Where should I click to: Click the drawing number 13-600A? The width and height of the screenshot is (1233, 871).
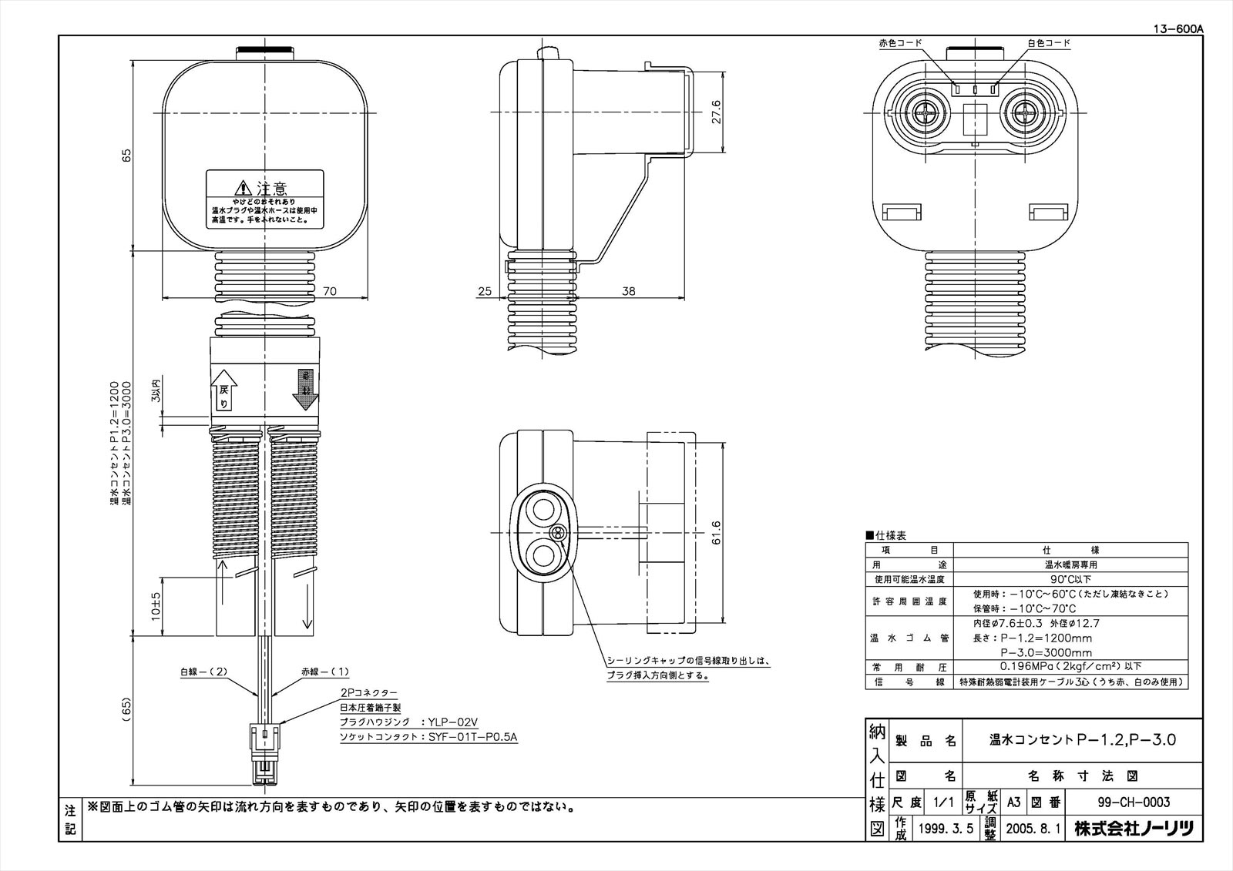click(1177, 29)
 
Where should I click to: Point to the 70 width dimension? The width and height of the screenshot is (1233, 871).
click(331, 291)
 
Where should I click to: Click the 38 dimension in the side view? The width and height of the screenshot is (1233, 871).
click(629, 291)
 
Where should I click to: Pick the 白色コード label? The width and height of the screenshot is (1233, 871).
click(1048, 43)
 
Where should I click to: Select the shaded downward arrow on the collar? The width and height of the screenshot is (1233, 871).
click(306, 391)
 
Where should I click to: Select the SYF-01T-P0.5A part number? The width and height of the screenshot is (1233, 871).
click(472, 738)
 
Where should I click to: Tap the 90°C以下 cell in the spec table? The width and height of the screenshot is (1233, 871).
click(1070, 579)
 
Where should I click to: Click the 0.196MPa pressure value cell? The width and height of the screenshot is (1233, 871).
click(1070, 666)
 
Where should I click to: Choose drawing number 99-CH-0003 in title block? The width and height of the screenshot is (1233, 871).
click(1134, 802)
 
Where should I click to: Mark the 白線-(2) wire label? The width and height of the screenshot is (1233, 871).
click(204, 672)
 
